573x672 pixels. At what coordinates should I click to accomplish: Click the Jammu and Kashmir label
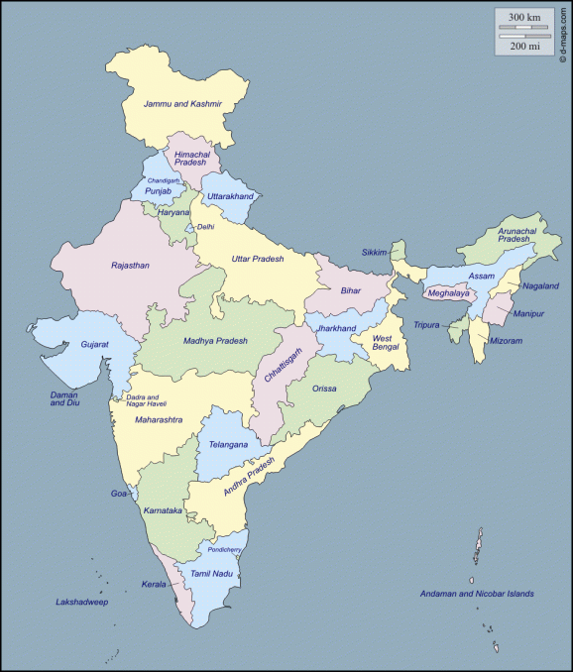pos(182,104)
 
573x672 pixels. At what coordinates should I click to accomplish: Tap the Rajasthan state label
pos(130,266)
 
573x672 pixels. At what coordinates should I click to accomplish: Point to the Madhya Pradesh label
pos(215,341)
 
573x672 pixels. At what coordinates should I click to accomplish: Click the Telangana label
pos(228,445)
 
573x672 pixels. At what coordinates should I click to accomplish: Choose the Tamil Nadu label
pos(211,574)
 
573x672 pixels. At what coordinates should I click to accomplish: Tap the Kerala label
pos(153,585)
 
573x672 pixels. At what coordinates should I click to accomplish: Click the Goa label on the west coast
pos(119,493)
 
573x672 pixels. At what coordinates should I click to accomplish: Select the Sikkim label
pos(375,252)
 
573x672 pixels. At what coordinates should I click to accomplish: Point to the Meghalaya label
pos(448,293)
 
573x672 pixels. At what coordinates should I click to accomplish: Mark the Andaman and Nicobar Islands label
pos(478,594)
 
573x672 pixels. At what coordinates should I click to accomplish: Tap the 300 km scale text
pos(524,17)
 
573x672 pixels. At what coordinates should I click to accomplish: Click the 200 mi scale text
pos(524,46)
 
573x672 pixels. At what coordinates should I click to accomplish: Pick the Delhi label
pos(205,227)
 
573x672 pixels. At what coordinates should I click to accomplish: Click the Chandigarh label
pos(164,180)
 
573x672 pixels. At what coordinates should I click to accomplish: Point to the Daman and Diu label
pos(64,399)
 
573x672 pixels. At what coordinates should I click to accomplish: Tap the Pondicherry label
pos(224,550)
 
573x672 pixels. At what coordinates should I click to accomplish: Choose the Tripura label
pos(427,325)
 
